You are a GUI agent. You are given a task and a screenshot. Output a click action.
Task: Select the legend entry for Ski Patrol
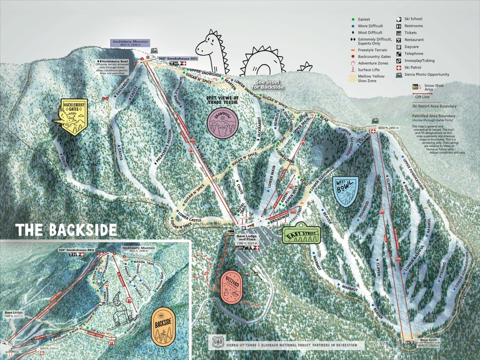412,68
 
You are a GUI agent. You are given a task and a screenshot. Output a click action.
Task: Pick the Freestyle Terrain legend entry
372,50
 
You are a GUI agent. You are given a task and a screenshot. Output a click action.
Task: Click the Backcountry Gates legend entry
374,57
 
